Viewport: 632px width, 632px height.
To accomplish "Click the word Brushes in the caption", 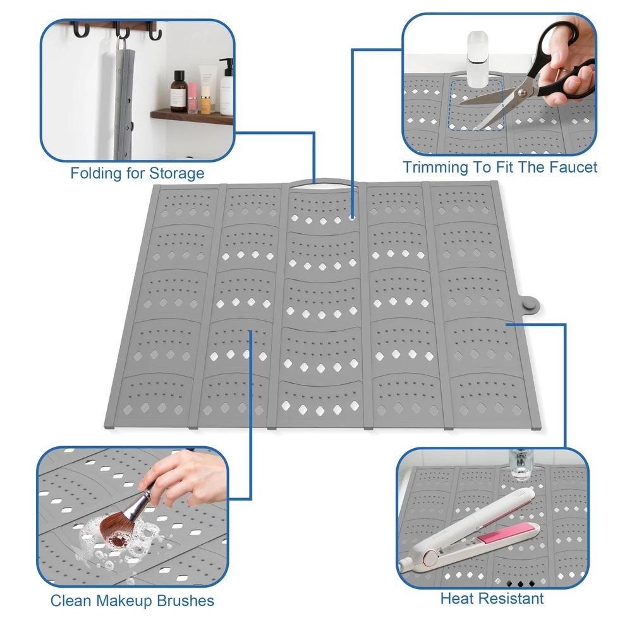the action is click(x=185, y=600).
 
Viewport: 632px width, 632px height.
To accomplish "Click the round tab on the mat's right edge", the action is click(x=530, y=303).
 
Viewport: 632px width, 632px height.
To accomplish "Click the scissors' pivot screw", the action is click(x=522, y=93).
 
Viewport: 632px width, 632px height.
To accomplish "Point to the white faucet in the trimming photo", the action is click(x=478, y=59).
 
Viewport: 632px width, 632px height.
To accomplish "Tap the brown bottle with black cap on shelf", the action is click(x=178, y=91).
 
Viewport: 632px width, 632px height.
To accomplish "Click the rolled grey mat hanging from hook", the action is click(x=123, y=99).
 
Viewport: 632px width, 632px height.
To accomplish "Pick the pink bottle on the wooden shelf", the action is click(x=193, y=98).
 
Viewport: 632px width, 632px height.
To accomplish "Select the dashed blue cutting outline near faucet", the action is click(x=476, y=105).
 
